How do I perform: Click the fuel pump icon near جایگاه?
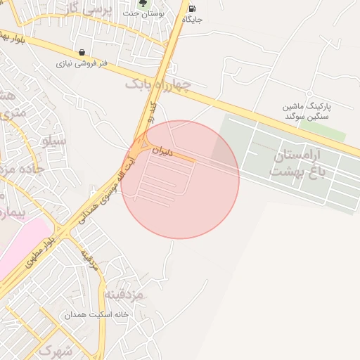tap(192, 8)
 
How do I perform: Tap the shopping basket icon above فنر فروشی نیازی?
tap(82, 52)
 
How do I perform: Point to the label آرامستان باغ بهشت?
tap(295, 162)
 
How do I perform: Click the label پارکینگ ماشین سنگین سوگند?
tap(307, 110)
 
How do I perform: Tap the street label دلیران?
tap(161, 150)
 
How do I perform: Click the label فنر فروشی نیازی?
tap(82, 63)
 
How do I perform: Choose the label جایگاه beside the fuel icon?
tap(192, 20)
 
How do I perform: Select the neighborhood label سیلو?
tap(55, 141)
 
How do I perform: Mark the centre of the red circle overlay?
tap(181, 180)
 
